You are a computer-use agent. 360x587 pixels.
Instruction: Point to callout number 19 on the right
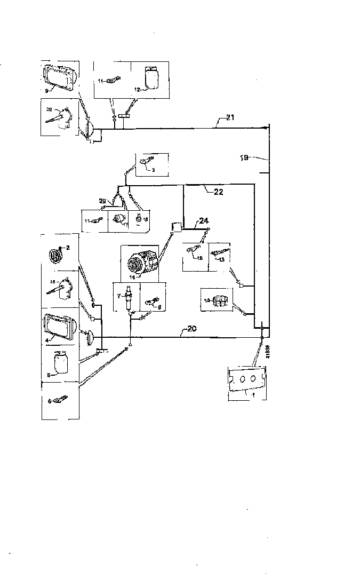coord(245,158)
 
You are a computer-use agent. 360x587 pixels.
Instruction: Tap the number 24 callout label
coord(204,220)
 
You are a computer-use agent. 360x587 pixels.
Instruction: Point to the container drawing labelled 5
coord(61,365)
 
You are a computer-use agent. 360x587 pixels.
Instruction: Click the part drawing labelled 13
coord(220,252)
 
